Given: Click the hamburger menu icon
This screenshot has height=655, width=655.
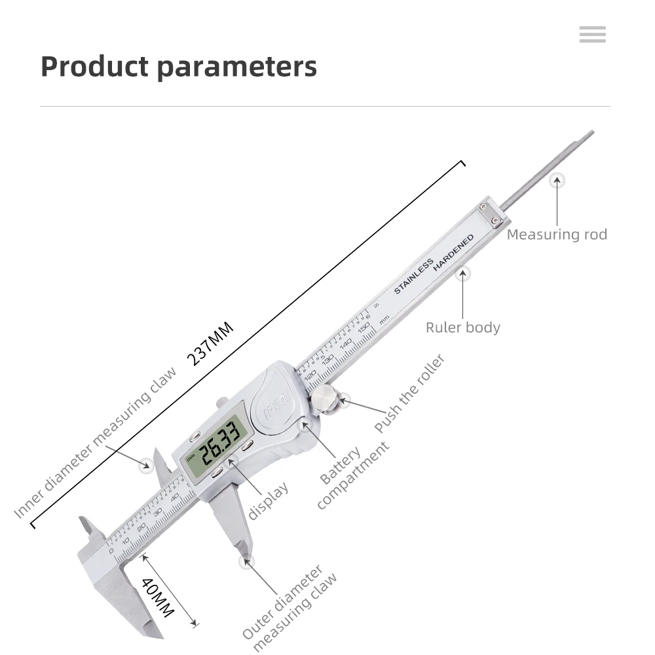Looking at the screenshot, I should (x=592, y=35).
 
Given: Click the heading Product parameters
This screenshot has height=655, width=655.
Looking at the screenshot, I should (x=179, y=67).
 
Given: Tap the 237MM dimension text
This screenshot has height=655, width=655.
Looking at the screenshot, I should (x=210, y=345).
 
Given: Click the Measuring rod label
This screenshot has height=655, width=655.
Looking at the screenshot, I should (x=557, y=234).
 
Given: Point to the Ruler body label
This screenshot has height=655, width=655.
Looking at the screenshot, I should (x=462, y=327).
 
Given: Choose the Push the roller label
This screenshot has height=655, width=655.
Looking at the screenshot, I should (x=410, y=393).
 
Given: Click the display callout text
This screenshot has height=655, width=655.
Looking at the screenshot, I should (x=269, y=502).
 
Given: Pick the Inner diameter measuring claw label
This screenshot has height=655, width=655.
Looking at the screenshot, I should (x=96, y=442).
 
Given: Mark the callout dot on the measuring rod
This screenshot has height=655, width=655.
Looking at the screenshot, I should (x=557, y=180).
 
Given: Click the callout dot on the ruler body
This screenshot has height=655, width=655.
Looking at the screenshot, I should (x=463, y=273).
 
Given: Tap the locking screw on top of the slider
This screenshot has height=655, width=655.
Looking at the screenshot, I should (x=222, y=402).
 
